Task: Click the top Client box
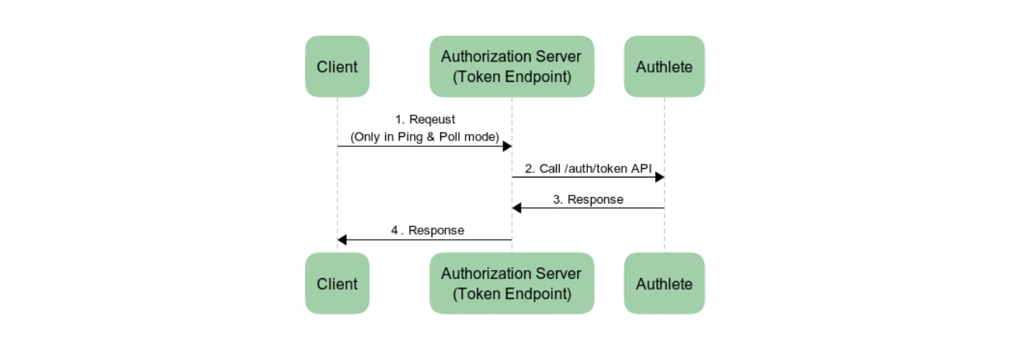coord(337,67)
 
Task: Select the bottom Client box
coord(337,283)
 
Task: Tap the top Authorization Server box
coord(511,67)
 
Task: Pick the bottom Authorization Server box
coord(511,283)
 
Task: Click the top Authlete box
coord(664,67)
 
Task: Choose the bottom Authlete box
coord(664,283)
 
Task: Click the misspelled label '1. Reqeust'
coord(425,120)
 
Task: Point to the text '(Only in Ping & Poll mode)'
coord(425,136)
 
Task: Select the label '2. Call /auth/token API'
coord(588,168)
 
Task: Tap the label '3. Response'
coord(588,199)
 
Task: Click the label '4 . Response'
coord(427,230)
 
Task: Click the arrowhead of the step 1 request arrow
coord(508,146)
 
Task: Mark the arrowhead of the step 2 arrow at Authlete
coord(660,177)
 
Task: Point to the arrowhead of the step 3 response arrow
coord(516,208)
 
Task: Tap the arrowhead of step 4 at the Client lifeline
coord(342,240)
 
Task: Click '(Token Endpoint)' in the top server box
coord(511,77)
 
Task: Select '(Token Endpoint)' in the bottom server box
coord(511,293)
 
